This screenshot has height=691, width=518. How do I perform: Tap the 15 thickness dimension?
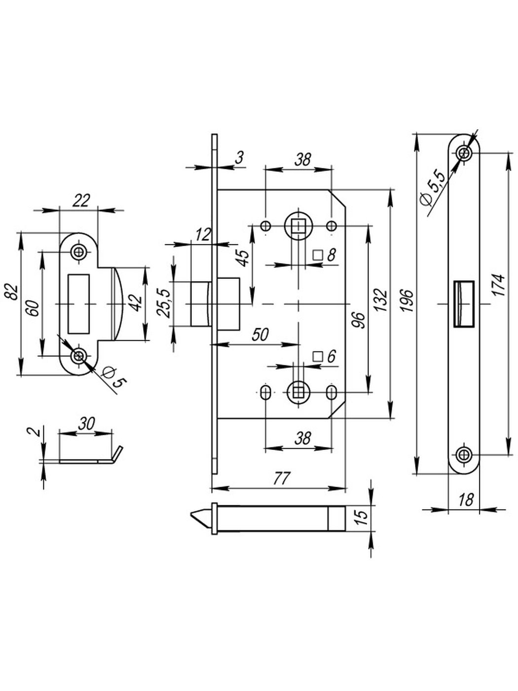click(362, 516)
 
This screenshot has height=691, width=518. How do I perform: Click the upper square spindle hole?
click(297, 226)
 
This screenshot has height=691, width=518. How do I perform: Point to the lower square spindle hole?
click(297, 392)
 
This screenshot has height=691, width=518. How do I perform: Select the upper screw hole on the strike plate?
click(78, 252)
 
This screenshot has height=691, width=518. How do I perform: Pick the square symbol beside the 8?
click(318, 255)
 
